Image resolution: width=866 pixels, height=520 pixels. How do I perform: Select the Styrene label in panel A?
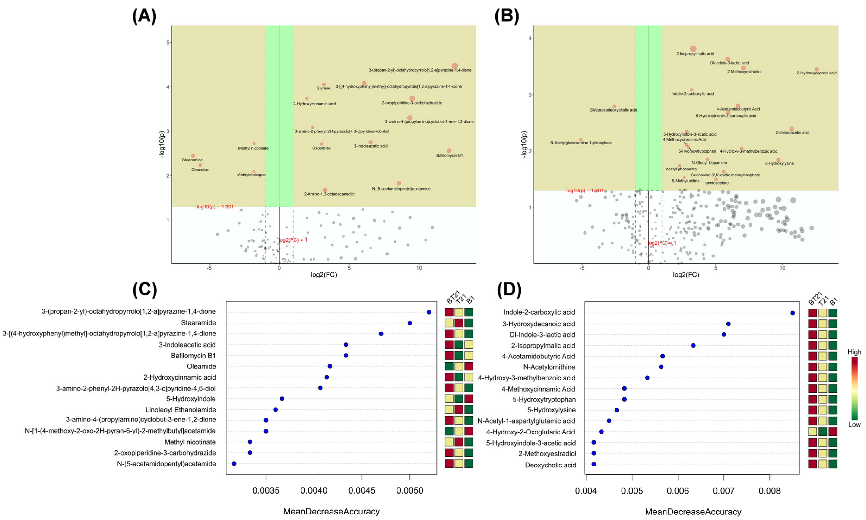(x=323, y=88)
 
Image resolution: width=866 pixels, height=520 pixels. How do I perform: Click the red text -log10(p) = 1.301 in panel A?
(x=214, y=207)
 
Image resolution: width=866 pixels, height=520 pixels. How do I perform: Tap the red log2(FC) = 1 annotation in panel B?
(x=662, y=243)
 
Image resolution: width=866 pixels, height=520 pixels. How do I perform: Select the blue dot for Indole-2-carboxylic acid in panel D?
(x=793, y=313)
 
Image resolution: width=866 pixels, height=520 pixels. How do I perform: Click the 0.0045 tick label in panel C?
(x=362, y=491)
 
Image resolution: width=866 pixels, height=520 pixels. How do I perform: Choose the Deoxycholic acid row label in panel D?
(x=550, y=465)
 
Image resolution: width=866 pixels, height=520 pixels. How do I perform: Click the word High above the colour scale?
(x=854, y=352)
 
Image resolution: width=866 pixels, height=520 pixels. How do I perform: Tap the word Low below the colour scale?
(x=854, y=425)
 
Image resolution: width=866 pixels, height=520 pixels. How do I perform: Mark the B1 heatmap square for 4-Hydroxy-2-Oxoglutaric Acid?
(x=832, y=432)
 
